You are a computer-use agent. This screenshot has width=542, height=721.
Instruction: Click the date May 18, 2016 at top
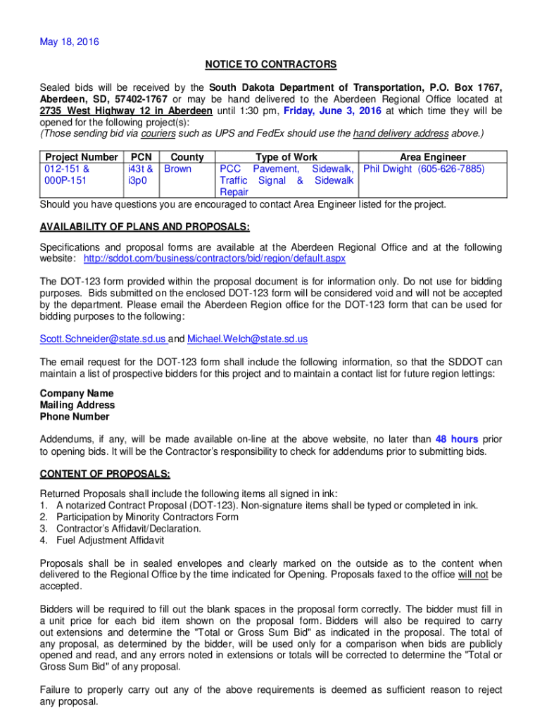tap(70, 42)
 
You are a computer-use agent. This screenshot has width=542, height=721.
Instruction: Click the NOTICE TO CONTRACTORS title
tap(271, 65)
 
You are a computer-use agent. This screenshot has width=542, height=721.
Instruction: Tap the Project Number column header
tap(81, 157)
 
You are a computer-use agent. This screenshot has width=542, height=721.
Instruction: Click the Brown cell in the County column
tap(177, 169)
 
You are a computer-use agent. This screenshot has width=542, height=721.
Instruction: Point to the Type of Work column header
tap(286, 157)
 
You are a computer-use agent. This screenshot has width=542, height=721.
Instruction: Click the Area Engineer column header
tap(433, 157)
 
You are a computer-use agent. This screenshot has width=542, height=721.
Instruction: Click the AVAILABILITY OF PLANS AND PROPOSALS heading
tap(145, 227)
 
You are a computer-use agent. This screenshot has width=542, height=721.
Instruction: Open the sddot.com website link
tap(215, 258)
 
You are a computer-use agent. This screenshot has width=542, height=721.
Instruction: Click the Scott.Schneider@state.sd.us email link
tap(103, 339)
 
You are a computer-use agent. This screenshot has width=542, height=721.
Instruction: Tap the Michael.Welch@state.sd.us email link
tap(247, 339)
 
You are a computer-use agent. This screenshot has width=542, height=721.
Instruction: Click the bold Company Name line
tap(77, 394)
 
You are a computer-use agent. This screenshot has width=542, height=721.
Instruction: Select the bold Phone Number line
tap(75, 416)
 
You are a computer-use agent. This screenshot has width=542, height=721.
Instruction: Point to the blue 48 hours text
tap(457, 439)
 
